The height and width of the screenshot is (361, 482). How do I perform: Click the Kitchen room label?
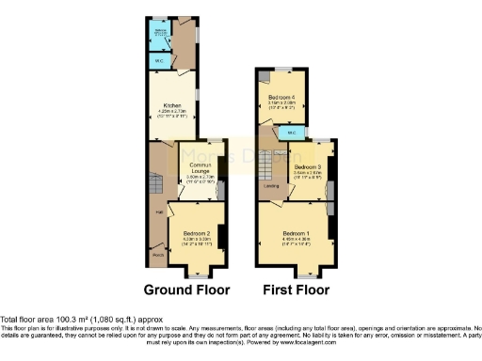tap(171, 104)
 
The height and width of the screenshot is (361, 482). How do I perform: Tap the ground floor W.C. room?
tap(157, 62)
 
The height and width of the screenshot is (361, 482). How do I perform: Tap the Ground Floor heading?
tap(188, 289)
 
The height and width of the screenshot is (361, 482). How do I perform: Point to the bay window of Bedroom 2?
tap(196, 274)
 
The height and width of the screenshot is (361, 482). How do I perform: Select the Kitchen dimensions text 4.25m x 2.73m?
tap(171, 110)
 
